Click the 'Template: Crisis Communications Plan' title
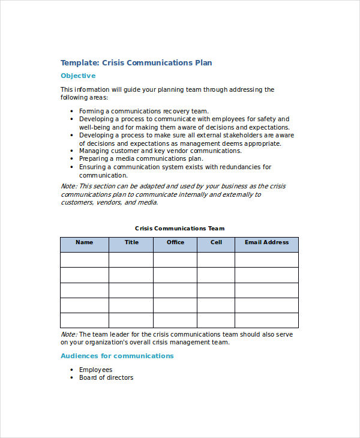(136, 62)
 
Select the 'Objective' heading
(78, 76)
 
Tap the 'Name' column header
(85, 242)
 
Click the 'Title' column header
(131, 242)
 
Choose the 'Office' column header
(175, 242)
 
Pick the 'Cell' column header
(216, 242)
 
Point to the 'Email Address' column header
(266, 242)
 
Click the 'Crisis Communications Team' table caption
(180, 228)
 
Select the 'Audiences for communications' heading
(117, 356)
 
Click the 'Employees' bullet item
(95, 370)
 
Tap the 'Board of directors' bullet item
(106, 377)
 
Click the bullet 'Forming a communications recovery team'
(144, 111)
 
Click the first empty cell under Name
(85, 259)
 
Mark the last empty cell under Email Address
(266, 320)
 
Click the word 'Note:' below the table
(69, 334)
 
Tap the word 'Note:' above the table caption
(69, 186)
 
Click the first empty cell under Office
(175, 259)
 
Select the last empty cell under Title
(131, 320)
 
